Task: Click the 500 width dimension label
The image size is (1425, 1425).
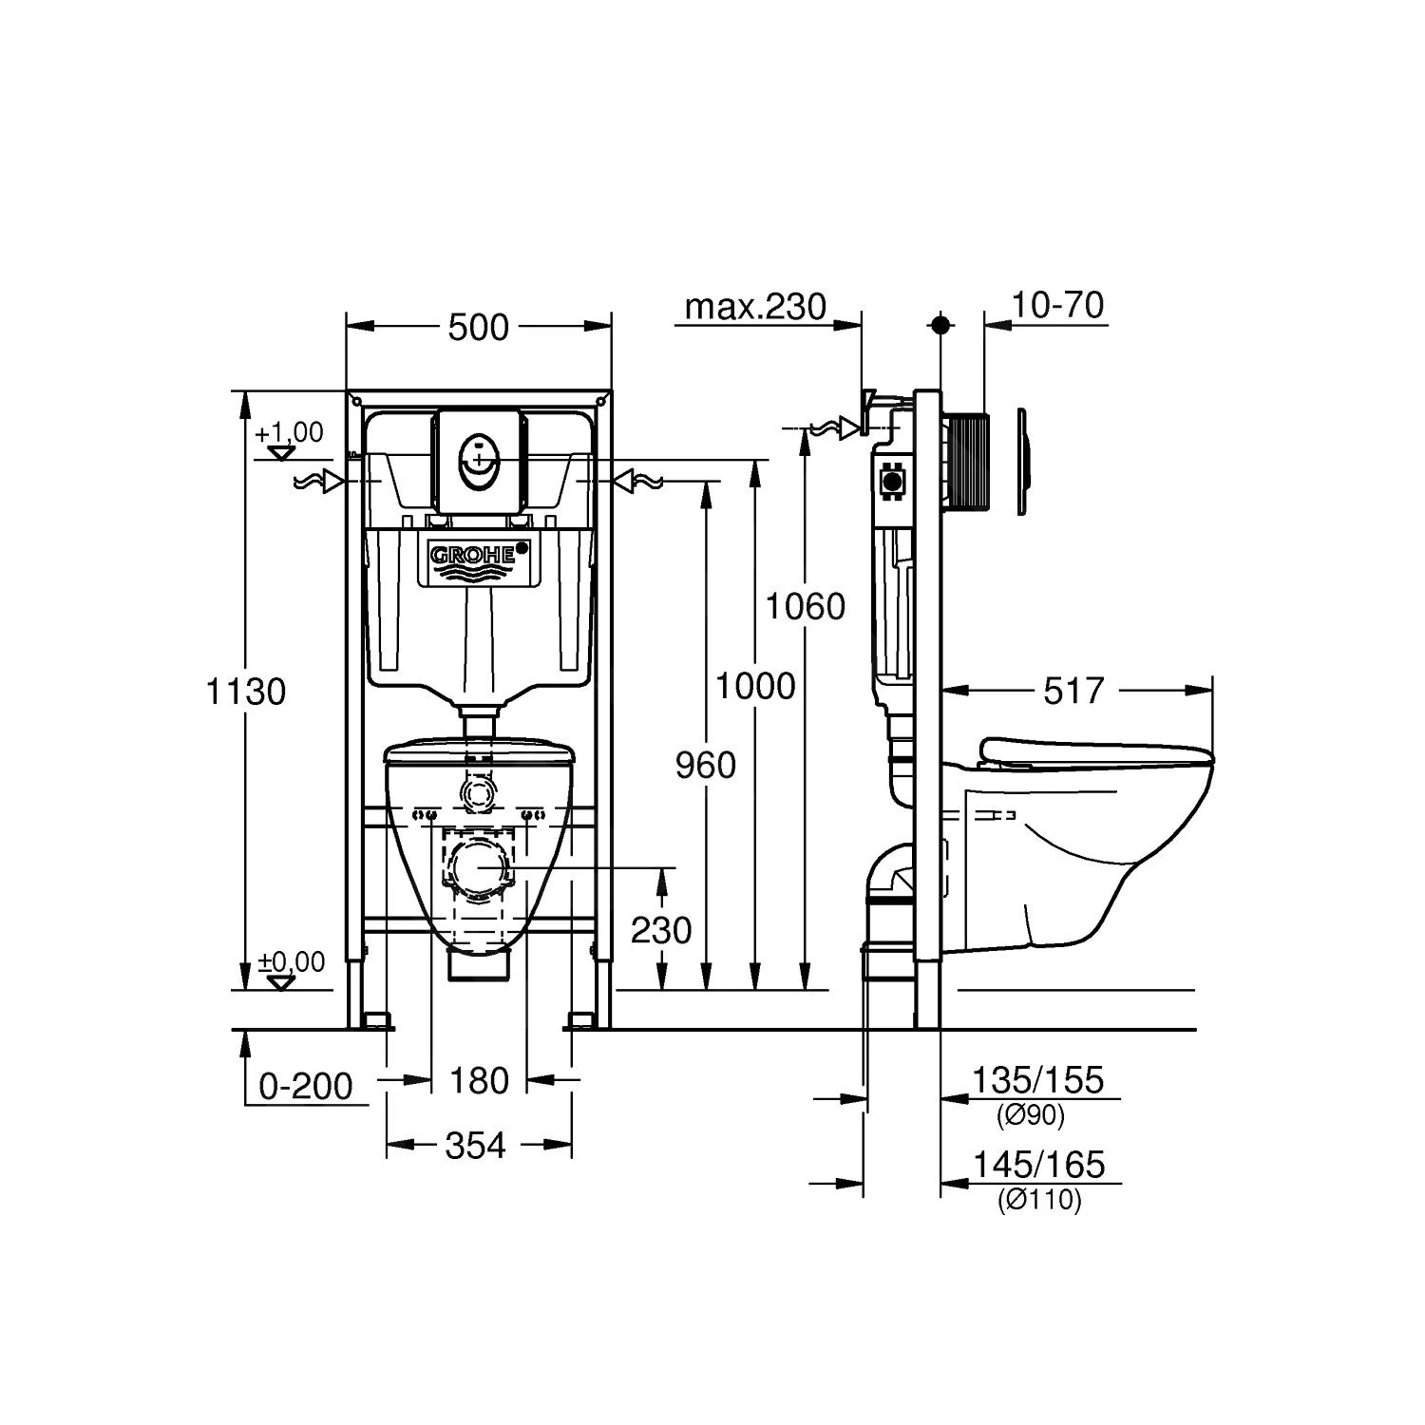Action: click(478, 328)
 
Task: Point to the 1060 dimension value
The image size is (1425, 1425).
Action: click(806, 605)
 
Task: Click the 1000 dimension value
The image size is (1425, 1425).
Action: click(755, 685)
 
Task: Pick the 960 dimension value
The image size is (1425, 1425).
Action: click(706, 764)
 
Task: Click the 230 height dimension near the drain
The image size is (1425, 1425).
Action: click(661, 930)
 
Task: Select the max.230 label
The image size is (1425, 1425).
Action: click(755, 306)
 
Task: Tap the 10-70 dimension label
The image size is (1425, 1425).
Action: click(1056, 306)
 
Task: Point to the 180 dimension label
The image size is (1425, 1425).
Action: click(479, 1080)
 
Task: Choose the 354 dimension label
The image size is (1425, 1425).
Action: click(476, 1146)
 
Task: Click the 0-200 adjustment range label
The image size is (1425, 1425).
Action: click(306, 1086)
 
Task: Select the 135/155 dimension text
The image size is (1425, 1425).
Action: click(1037, 1080)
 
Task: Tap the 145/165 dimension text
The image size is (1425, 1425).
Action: click(1037, 1164)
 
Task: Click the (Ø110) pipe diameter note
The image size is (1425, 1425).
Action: click(1038, 1201)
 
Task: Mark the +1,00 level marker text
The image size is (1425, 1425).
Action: click(289, 432)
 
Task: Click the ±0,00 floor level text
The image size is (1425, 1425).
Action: click(292, 962)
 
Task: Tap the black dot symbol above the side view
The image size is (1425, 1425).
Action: click(941, 325)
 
